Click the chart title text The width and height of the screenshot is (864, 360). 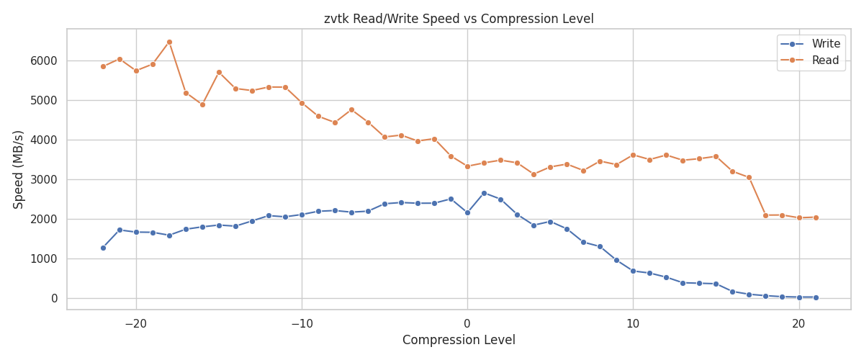459,19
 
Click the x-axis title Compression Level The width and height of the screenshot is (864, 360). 459,341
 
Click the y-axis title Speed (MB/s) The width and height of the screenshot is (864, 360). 19,169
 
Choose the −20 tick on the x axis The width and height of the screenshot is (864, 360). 136,324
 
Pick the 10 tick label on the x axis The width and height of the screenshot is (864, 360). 633,324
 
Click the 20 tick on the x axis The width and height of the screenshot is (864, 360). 798,324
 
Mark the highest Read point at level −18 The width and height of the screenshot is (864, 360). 169,42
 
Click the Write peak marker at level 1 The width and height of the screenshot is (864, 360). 484,193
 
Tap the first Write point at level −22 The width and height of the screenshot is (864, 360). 103,248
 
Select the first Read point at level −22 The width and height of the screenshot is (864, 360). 103,66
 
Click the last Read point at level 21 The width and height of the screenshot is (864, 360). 816,217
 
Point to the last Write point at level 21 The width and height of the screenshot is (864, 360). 816,297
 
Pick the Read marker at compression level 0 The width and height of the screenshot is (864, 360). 467,166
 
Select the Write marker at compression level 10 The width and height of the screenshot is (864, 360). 633,271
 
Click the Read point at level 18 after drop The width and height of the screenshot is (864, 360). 765,215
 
